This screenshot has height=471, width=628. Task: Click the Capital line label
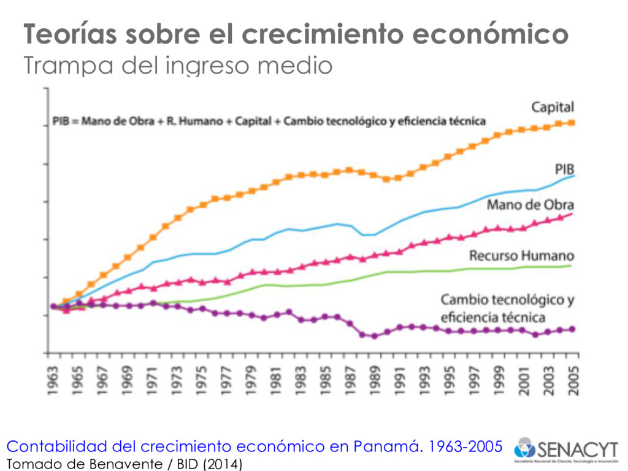552,107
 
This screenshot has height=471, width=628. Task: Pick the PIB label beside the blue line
564,169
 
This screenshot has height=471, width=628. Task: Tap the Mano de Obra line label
530,204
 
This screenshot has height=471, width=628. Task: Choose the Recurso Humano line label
521,255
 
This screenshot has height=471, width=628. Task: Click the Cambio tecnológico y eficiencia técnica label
507,308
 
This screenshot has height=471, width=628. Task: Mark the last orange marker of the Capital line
572,123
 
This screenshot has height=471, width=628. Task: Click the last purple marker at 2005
572,329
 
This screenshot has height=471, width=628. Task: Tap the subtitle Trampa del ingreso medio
178,65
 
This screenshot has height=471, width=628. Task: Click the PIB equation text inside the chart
269,121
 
